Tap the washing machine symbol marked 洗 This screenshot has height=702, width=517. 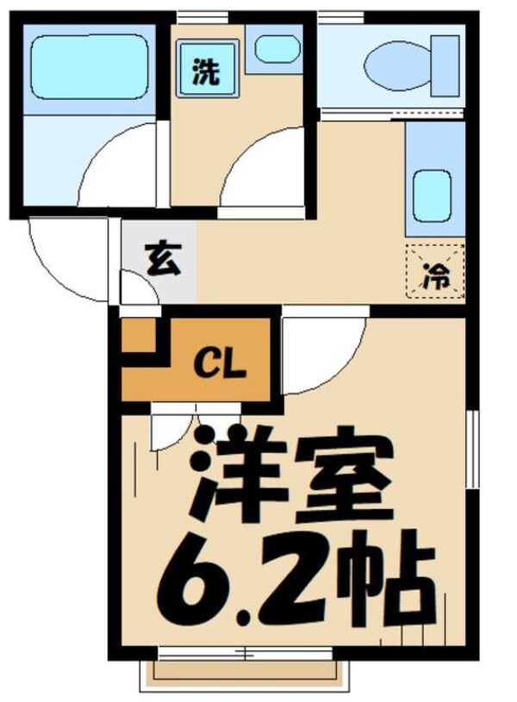tap(205, 73)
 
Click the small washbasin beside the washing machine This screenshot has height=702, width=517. tap(277, 49)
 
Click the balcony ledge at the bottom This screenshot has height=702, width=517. tap(246, 673)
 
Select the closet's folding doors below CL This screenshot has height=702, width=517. tap(172, 426)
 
